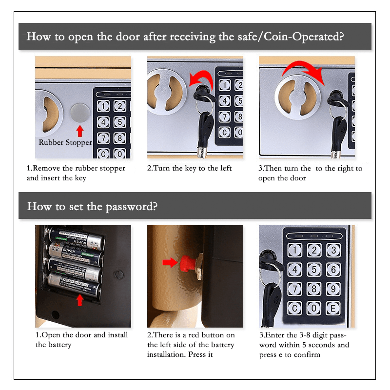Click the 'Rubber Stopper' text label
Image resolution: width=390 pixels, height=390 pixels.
65,143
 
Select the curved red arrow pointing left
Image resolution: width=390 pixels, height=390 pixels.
200,78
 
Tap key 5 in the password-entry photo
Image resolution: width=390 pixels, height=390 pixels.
314,270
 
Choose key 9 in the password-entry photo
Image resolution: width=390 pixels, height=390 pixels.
333,289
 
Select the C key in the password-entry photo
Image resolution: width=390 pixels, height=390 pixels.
294,308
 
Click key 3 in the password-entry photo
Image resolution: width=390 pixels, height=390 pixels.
333,251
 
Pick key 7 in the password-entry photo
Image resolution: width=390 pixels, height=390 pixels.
294,289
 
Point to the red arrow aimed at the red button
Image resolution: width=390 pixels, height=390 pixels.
170,262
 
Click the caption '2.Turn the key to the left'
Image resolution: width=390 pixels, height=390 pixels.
189,168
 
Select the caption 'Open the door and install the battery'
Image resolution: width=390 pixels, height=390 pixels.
81,340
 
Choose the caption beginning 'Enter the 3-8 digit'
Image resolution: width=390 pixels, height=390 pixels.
303,345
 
